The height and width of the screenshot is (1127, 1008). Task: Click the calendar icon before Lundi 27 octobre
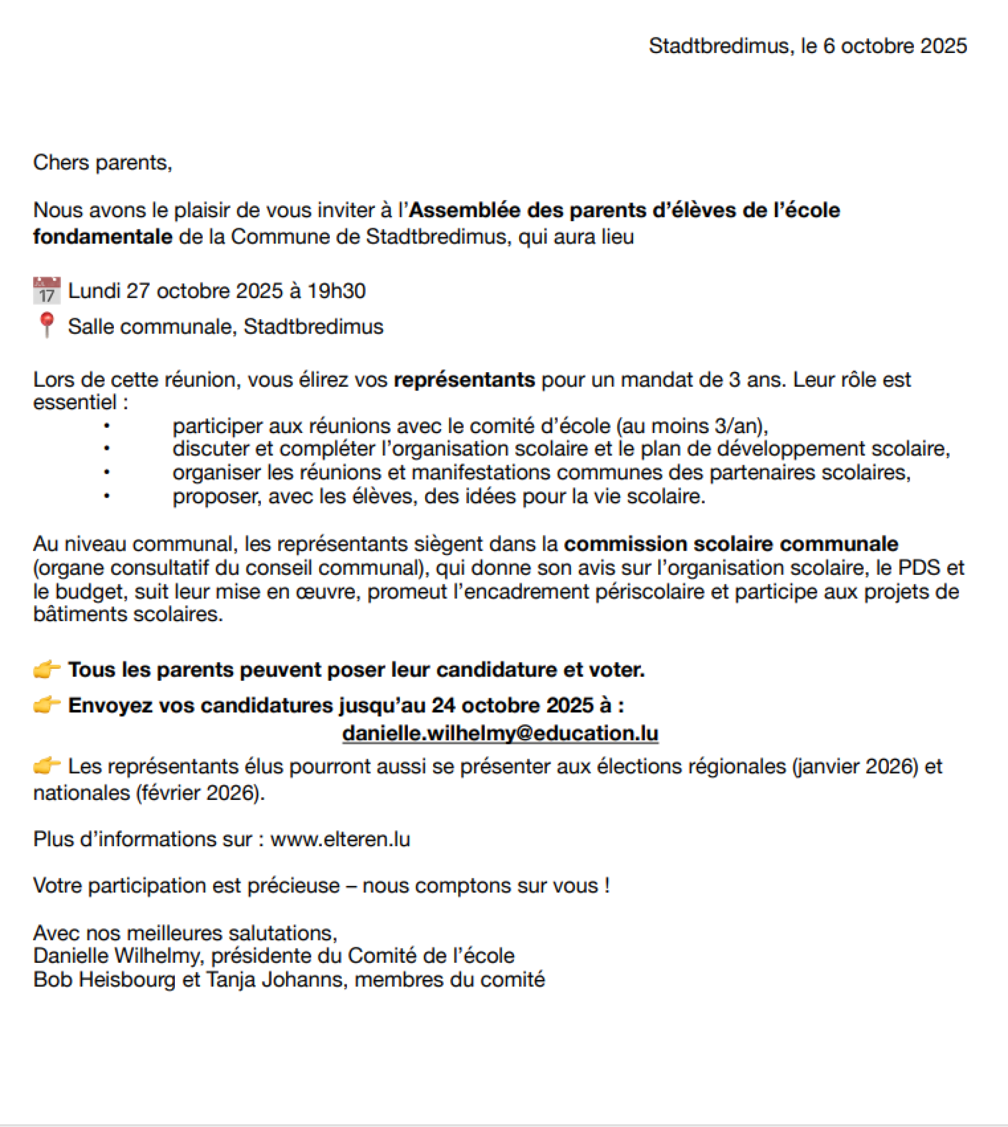[x=47, y=291]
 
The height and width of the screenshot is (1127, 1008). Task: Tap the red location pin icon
[x=47, y=325]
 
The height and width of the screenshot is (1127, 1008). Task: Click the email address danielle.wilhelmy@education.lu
[x=500, y=733]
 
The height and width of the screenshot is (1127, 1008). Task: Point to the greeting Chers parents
[x=102, y=163]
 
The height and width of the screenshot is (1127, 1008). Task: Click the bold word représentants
[x=464, y=380]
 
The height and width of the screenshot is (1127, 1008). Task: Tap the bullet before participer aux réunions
[x=107, y=426]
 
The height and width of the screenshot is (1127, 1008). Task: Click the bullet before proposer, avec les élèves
[x=107, y=496]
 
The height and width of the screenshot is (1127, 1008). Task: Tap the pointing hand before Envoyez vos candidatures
[x=47, y=705]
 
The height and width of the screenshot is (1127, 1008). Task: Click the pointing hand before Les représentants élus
[x=47, y=766]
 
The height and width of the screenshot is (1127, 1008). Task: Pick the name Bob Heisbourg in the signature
[x=104, y=979]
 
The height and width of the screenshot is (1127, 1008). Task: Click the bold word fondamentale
[x=102, y=237]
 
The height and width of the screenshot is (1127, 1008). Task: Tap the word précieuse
[x=293, y=886]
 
